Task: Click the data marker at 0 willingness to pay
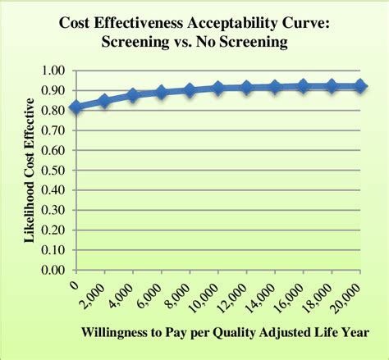click(x=76, y=107)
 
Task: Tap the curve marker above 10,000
click(x=217, y=88)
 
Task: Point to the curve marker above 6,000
click(x=161, y=93)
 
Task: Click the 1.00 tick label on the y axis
click(x=53, y=71)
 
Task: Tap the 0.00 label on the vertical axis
click(x=53, y=269)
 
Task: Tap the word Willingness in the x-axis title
click(x=117, y=332)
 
